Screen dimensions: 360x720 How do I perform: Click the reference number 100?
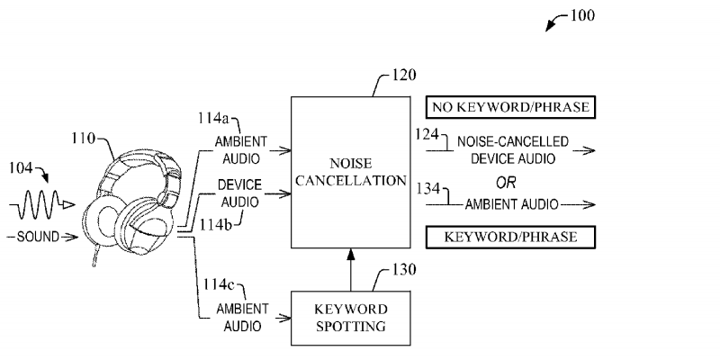583,15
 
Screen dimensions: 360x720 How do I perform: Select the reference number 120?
404,79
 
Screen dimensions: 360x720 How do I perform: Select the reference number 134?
426,190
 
